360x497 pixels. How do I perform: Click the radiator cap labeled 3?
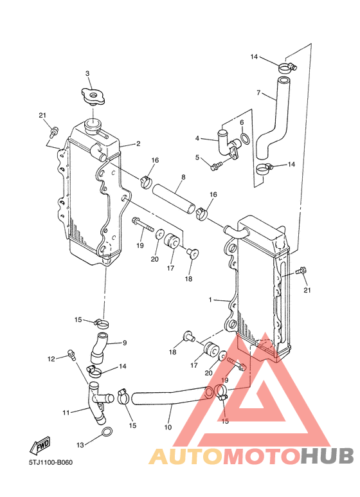[x=93, y=98]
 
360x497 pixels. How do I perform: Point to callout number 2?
[x=138, y=144]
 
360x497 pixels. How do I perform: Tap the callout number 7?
[x=258, y=93]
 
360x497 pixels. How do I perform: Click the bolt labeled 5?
[x=215, y=167]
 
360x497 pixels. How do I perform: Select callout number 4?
[x=198, y=138]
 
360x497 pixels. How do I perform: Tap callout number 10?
[x=168, y=426]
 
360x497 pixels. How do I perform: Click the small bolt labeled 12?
[x=71, y=352]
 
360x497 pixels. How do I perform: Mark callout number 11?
[x=66, y=411]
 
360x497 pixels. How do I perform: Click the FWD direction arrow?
[x=40, y=446]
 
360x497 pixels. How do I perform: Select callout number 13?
[x=80, y=445]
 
